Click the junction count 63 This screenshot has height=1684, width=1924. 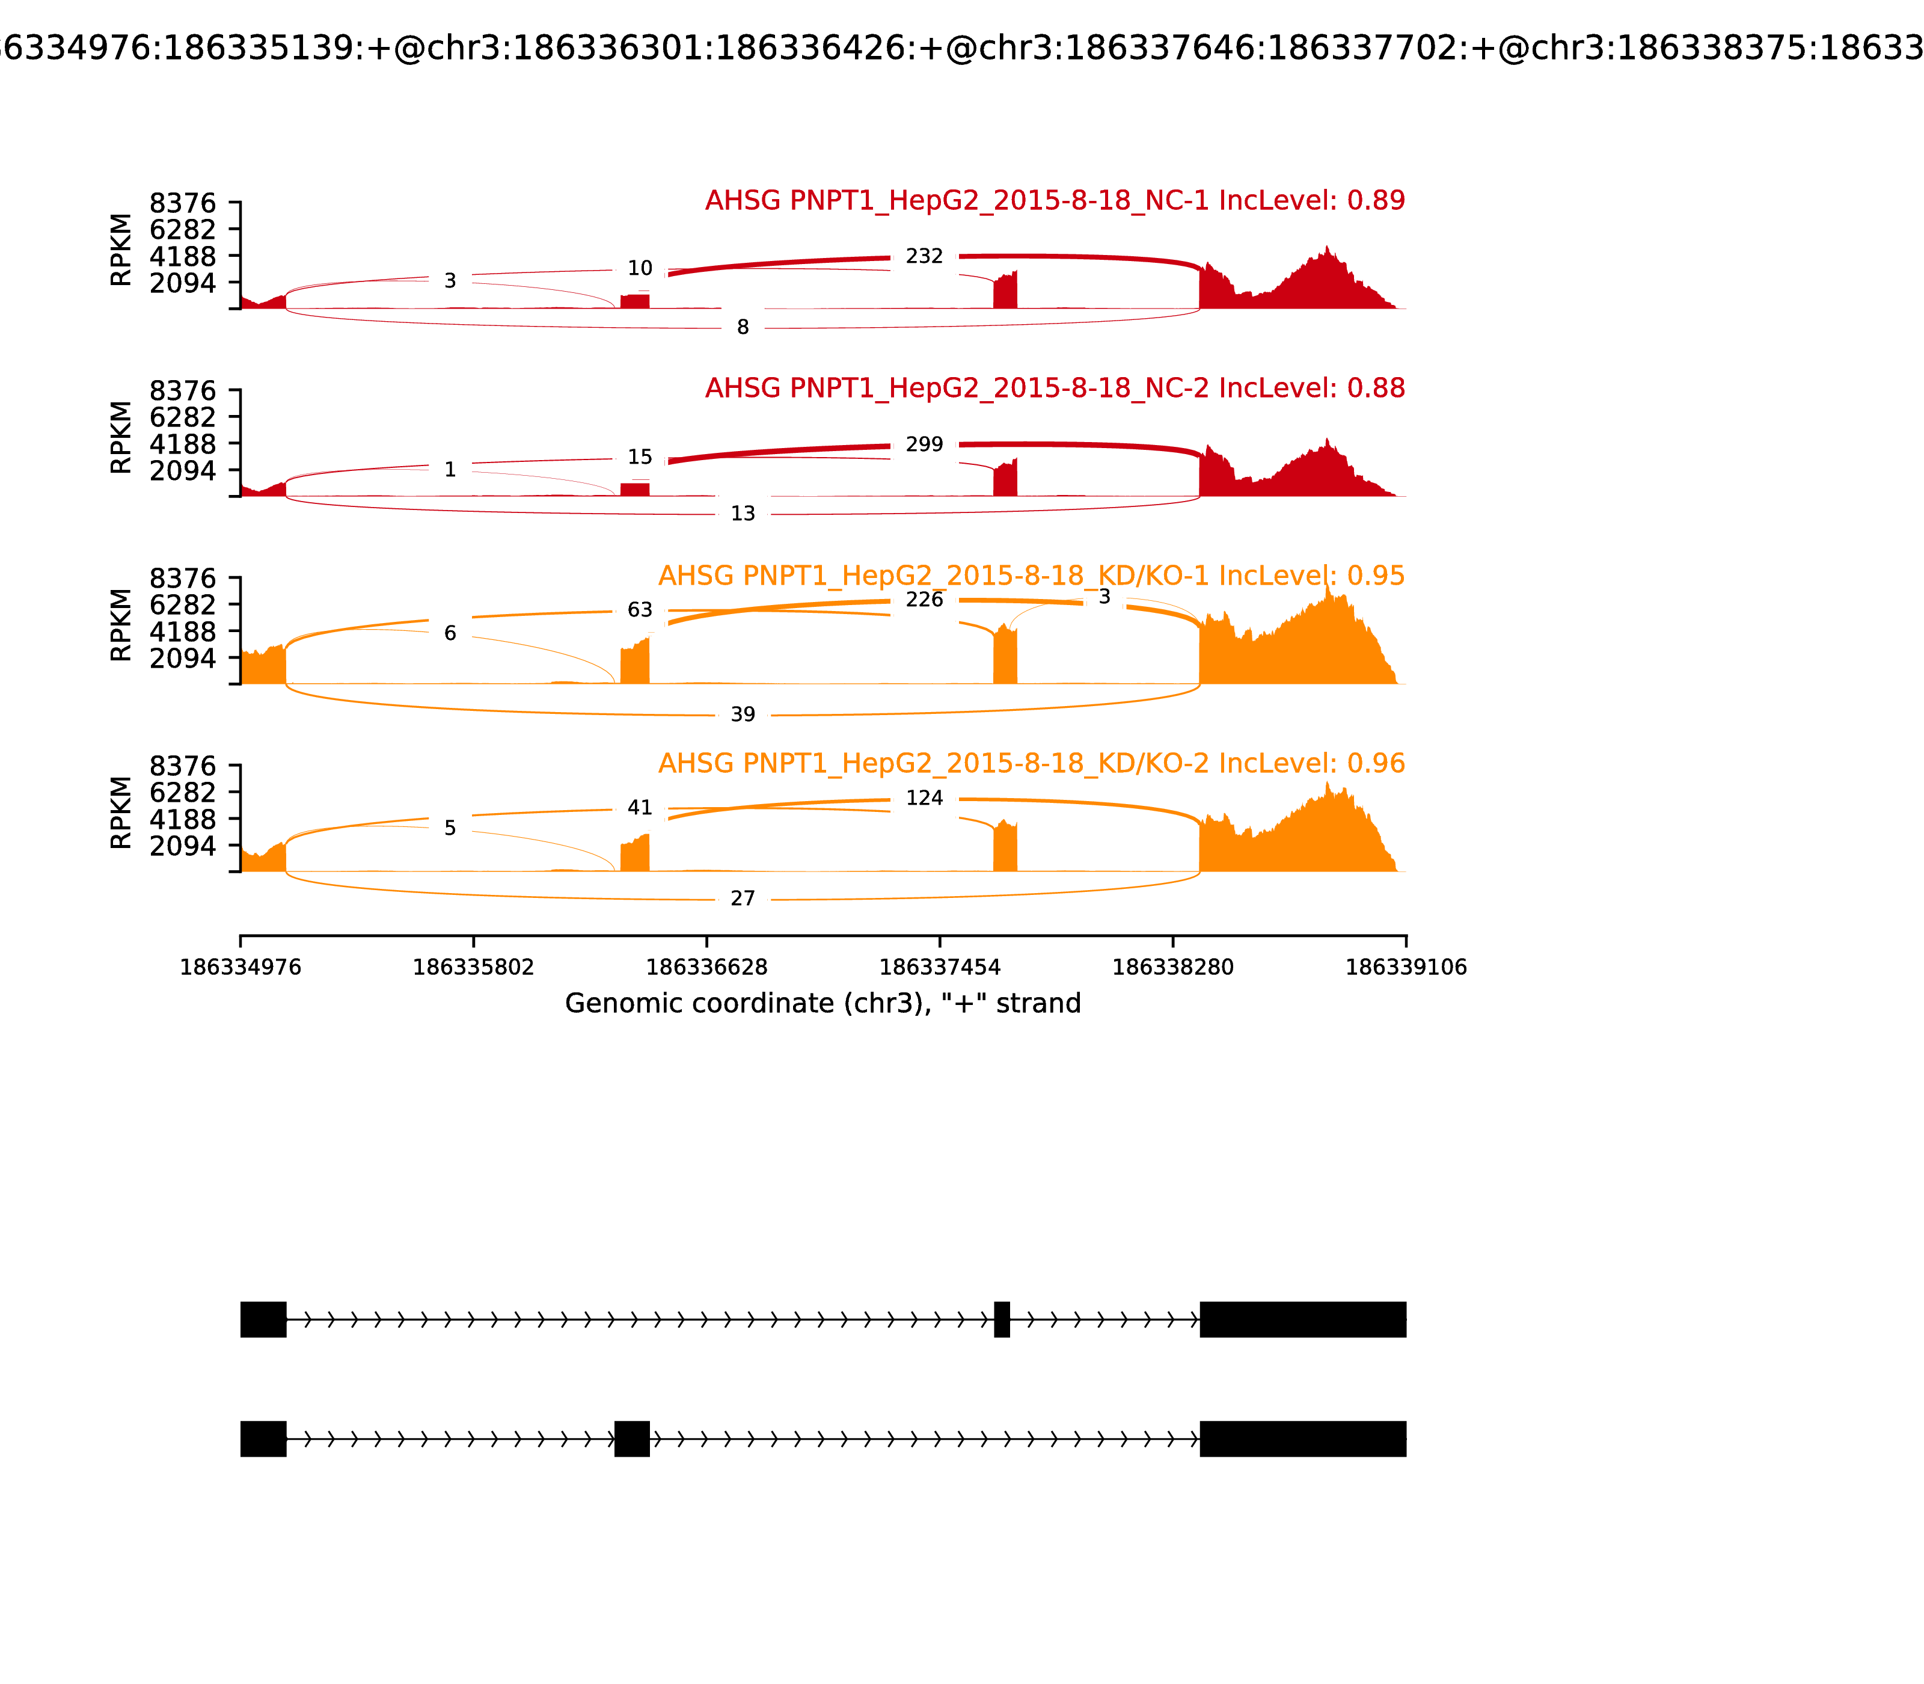640,610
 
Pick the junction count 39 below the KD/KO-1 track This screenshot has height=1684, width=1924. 742,714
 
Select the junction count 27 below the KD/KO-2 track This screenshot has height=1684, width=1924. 742,899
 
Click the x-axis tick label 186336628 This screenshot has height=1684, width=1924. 706,967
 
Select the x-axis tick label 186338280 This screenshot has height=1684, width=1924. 1172,967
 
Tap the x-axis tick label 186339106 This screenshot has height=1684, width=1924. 1406,967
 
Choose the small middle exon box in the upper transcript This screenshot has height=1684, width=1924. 1002,1320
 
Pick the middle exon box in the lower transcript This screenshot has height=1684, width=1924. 631,1439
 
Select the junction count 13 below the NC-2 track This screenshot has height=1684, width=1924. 742,513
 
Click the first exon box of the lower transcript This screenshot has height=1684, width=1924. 263,1439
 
